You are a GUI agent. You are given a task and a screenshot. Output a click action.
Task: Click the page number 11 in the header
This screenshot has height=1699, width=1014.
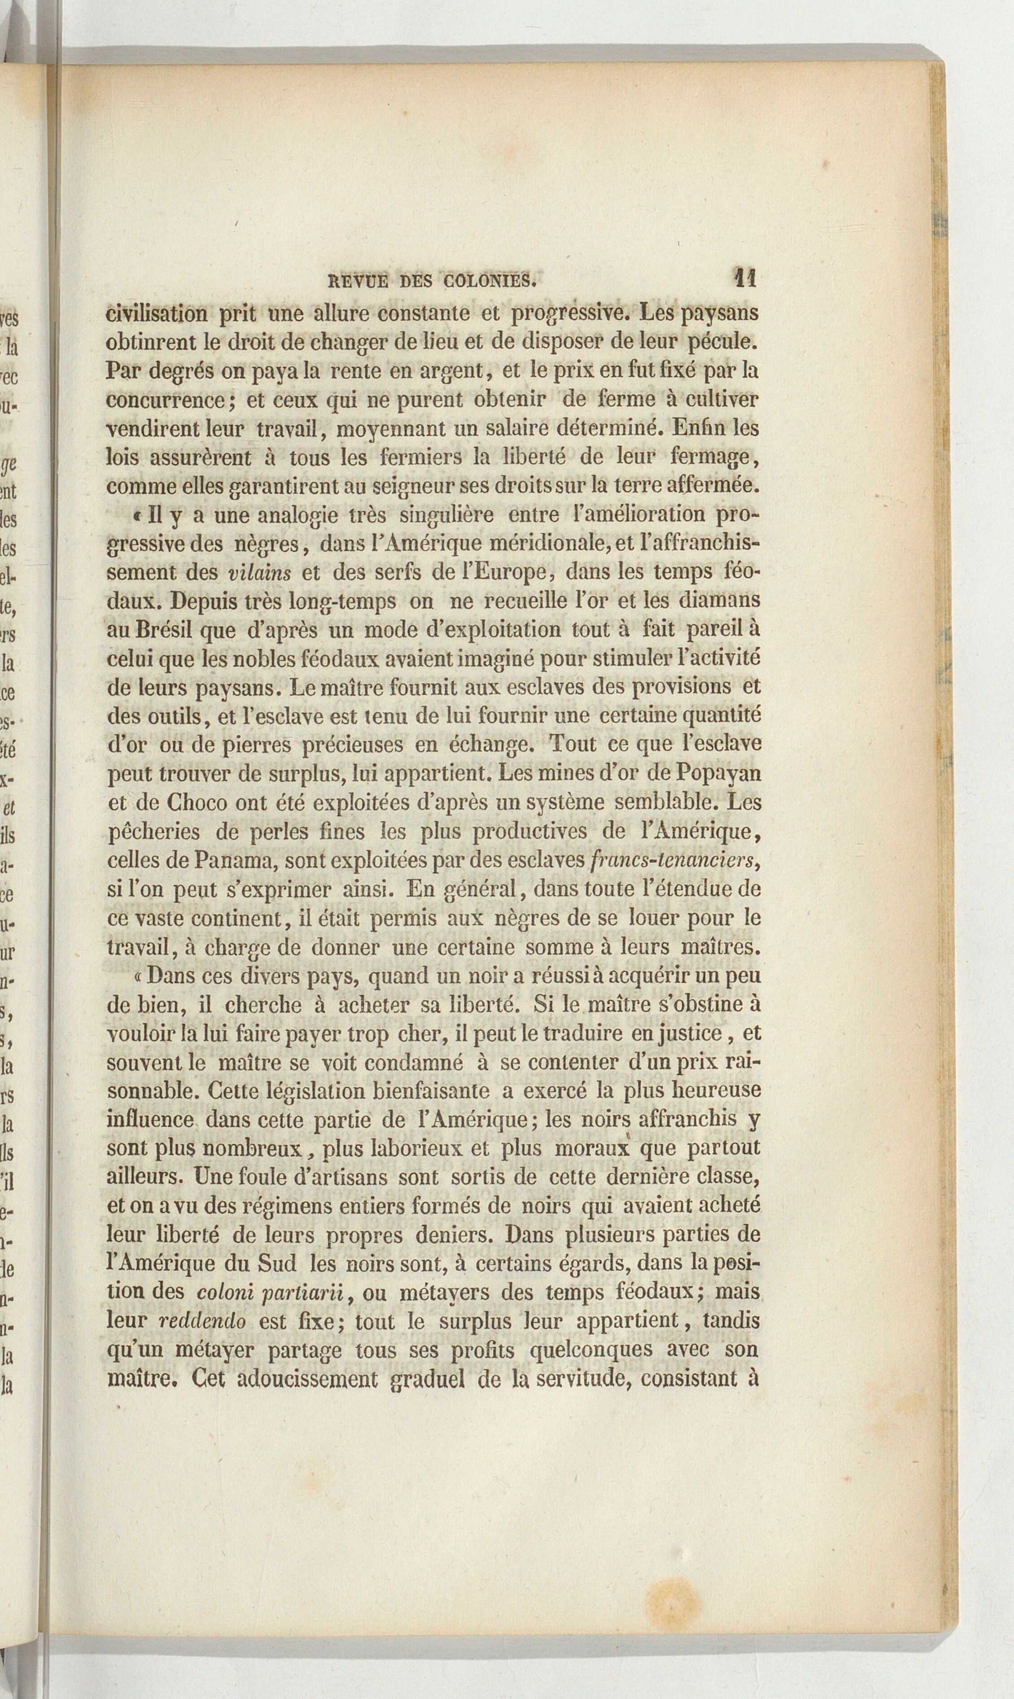click(x=743, y=278)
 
